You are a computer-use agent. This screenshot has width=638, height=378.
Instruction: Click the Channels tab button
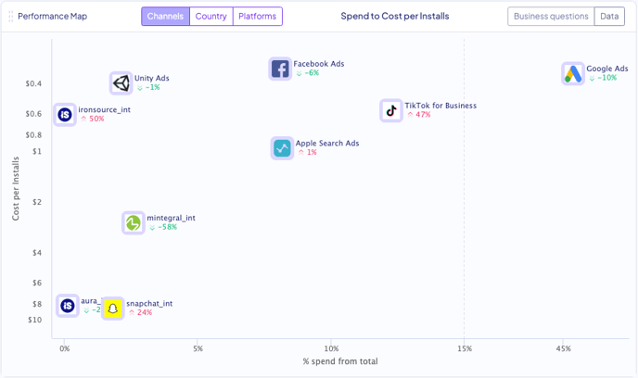click(165, 17)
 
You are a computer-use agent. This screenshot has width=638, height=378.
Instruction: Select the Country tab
click(211, 17)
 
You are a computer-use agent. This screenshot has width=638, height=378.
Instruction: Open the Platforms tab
click(257, 17)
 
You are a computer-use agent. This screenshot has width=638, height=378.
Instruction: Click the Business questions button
click(551, 17)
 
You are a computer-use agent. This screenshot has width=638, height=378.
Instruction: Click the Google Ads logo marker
click(573, 73)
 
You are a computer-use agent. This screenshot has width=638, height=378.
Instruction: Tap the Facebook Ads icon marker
click(280, 69)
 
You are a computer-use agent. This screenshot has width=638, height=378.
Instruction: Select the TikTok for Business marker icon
click(391, 110)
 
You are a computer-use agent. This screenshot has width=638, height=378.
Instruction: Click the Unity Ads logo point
click(121, 83)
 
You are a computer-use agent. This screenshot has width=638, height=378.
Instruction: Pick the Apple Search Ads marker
click(282, 148)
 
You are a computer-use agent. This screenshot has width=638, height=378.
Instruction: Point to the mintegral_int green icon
click(134, 222)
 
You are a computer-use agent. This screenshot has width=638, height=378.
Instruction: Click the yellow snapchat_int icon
click(113, 309)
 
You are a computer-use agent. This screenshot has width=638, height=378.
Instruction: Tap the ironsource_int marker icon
click(65, 115)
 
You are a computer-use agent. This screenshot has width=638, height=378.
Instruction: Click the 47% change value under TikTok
click(423, 115)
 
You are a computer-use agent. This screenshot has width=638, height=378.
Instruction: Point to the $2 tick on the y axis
click(36, 202)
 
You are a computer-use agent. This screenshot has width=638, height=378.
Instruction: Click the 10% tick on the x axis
click(331, 348)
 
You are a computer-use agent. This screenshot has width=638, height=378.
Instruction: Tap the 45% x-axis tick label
click(564, 348)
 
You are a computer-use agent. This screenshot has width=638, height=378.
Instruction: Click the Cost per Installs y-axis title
click(16, 189)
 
